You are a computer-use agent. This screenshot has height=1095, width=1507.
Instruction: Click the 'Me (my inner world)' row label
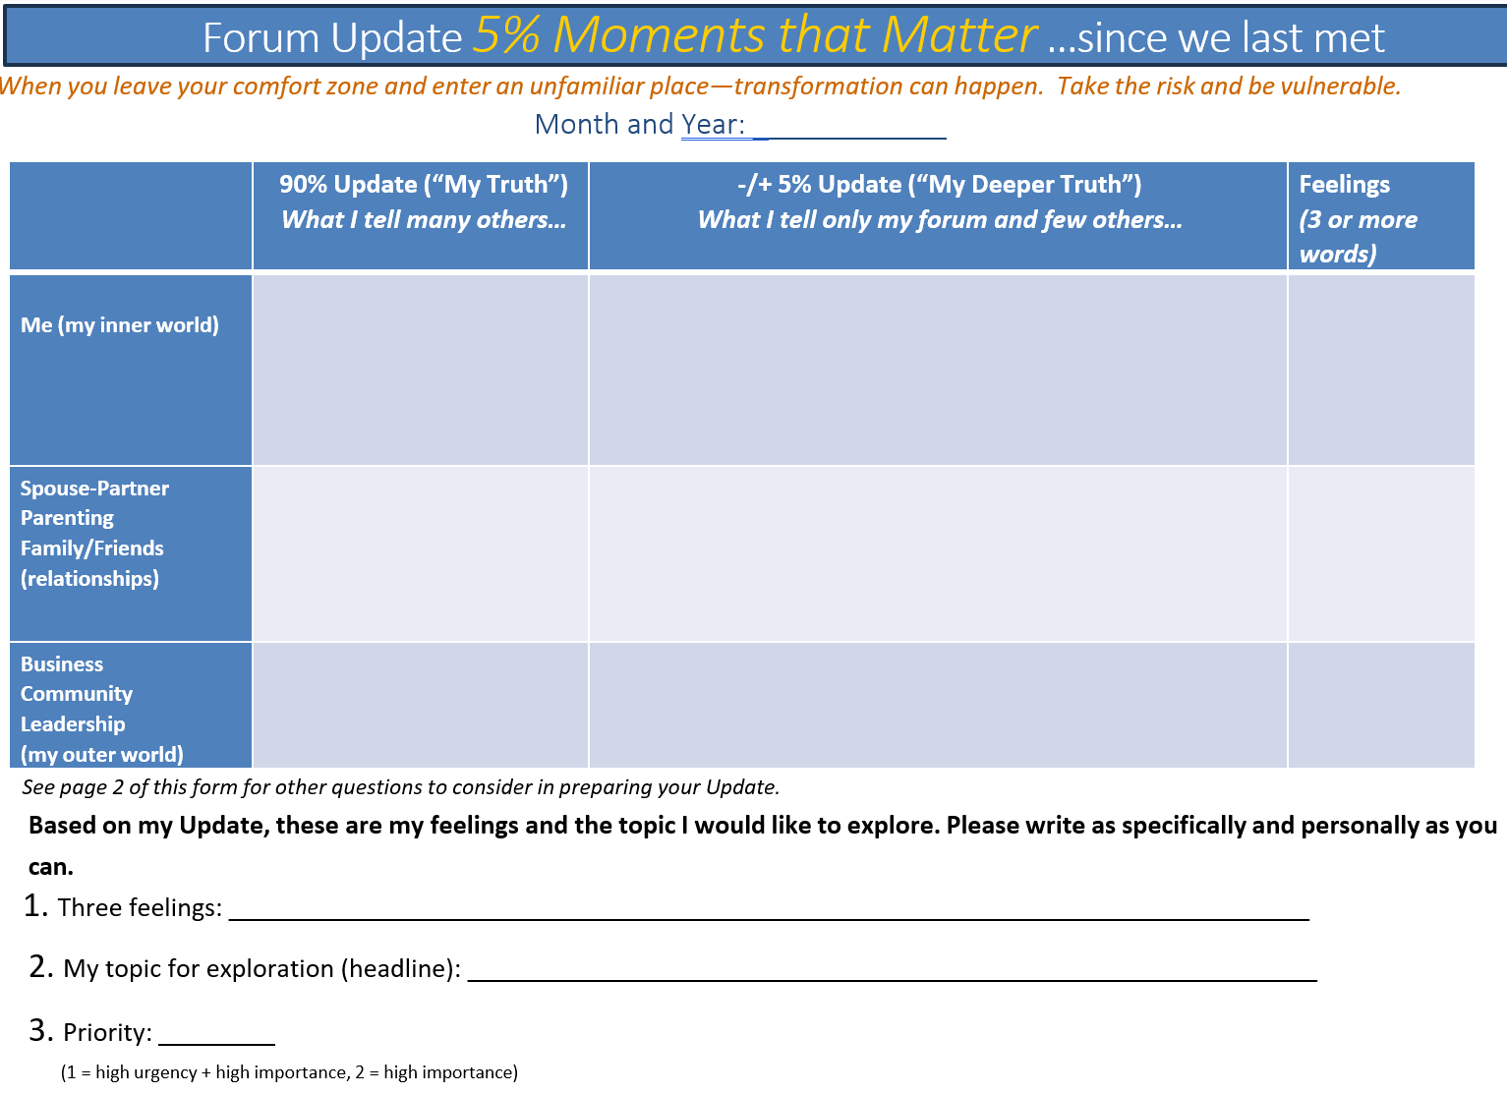[120, 325]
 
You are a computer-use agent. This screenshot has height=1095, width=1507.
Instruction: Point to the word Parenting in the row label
[67, 518]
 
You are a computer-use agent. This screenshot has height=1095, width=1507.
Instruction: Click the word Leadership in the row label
[73, 724]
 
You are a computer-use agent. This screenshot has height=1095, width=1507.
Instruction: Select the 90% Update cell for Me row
[421, 370]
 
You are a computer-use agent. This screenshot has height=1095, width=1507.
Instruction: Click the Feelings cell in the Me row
[1381, 370]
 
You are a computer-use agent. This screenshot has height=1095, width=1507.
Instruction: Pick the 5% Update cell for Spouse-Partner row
[938, 554]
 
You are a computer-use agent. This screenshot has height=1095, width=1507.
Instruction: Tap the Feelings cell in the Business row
[1381, 705]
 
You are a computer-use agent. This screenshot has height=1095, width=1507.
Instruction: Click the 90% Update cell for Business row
[421, 705]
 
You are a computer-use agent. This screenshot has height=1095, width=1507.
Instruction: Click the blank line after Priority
[216, 1035]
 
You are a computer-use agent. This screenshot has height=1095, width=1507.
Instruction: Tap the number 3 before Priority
[40, 1030]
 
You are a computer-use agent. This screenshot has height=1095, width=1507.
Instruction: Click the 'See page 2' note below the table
[400, 787]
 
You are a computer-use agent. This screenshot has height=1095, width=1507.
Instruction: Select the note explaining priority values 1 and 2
[289, 1072]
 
